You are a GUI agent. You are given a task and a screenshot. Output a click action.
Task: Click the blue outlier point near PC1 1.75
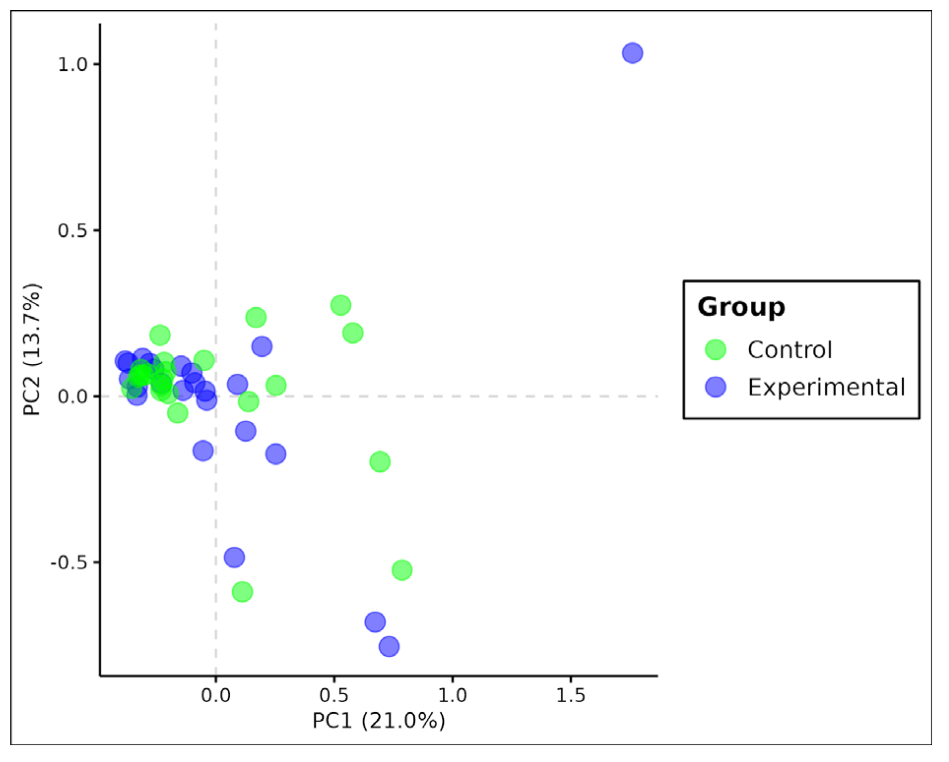632,53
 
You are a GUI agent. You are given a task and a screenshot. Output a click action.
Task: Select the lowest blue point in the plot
389,646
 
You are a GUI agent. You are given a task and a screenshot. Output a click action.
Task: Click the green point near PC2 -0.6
242,591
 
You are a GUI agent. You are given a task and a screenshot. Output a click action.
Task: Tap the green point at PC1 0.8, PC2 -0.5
402,570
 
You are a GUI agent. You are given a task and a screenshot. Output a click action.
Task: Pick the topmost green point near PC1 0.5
340,305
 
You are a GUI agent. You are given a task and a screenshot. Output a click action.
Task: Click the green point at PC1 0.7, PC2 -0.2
379,462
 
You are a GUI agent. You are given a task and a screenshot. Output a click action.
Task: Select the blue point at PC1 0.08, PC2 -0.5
234,557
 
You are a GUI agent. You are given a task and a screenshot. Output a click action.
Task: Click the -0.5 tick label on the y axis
69,562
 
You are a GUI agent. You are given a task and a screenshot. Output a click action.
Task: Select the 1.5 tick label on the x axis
571,695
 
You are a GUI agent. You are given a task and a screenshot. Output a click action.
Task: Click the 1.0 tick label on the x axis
452,695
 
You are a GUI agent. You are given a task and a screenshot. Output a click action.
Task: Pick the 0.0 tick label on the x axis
215,695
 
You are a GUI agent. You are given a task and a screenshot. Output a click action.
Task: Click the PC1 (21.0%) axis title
378,721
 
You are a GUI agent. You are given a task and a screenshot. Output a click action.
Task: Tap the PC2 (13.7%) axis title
32,349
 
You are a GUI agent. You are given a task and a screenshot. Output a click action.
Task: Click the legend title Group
741,307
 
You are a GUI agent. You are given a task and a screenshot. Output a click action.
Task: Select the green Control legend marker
715,350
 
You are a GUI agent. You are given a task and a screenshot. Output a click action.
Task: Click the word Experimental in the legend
826,387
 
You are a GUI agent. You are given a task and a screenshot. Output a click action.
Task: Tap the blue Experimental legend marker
715,387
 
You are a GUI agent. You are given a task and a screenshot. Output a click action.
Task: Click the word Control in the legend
790,350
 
